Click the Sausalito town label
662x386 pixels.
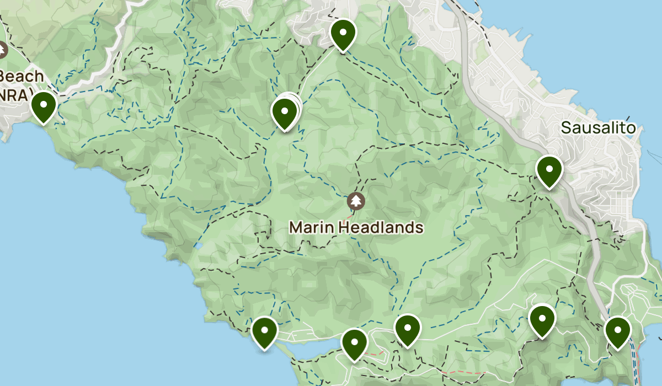coord(598,128)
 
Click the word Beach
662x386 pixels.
coord(22,76)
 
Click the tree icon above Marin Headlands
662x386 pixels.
coord(356,201)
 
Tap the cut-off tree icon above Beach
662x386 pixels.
coord(2,51)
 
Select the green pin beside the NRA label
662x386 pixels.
coord(43,106)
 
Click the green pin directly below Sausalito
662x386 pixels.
coord(549,171)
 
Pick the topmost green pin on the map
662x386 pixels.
coord(343,34)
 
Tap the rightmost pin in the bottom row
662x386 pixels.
coord(617,333)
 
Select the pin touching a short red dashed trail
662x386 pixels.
coord(355,344)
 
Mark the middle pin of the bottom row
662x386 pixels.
coord(408,329)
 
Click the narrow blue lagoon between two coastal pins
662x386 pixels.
coord(309,348)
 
